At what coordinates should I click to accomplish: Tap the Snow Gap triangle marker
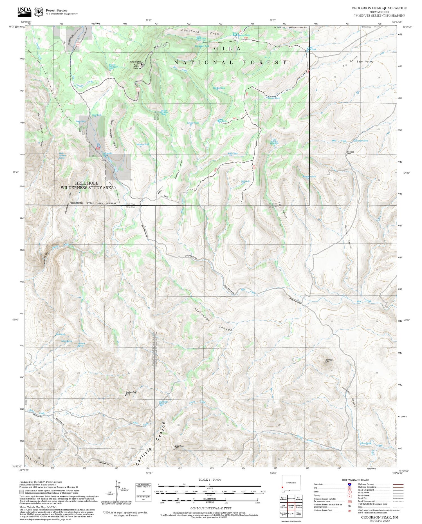pyautogui.click(x=346, y=154)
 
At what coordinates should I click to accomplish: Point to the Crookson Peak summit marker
pyautogui.click(x=125, y=395)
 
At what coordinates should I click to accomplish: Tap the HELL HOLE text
pyautogui.click(x=87, y=183)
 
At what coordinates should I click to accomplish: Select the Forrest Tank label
pyautogui.click(x=274, y=98)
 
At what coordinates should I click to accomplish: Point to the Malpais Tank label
pyautogui.click(x=142, y=144)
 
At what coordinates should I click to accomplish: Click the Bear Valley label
pyautogui.click(x=365, y=61)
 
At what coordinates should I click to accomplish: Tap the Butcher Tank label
pyautogui.click(x=309, y=177)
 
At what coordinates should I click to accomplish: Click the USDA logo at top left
pyautogui.click(x=24, y=11)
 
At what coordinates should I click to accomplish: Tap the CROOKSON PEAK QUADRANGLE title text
pyautogui.click(x=379, y=8)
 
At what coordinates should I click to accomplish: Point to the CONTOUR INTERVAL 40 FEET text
pyautogui.click(x=211, y=509)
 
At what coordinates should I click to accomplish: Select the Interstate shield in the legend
pyautogui.click(x=349, y=484)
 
